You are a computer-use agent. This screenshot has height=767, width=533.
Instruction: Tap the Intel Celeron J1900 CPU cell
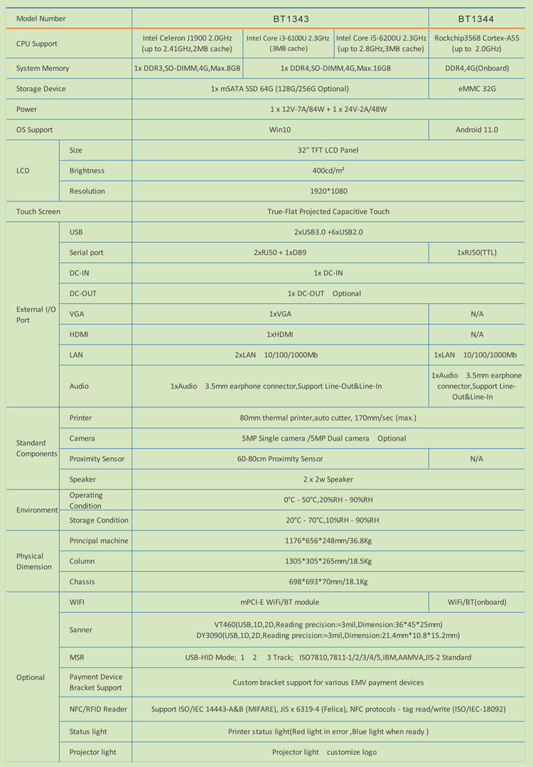[x=187, y=43]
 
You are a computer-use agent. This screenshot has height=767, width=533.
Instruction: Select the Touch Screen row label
[x=38, y=212]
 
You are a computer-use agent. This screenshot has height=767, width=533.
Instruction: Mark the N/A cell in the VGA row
[x=477, y=314]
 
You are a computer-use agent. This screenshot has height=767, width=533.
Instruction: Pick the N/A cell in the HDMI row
[x=477, y=334]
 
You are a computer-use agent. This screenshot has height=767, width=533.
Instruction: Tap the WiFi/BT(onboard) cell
[x=477, y=602]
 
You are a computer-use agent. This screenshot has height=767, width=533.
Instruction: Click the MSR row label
[x=77, y=658]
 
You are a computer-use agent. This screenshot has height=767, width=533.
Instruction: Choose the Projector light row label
[x=92, y=752]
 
